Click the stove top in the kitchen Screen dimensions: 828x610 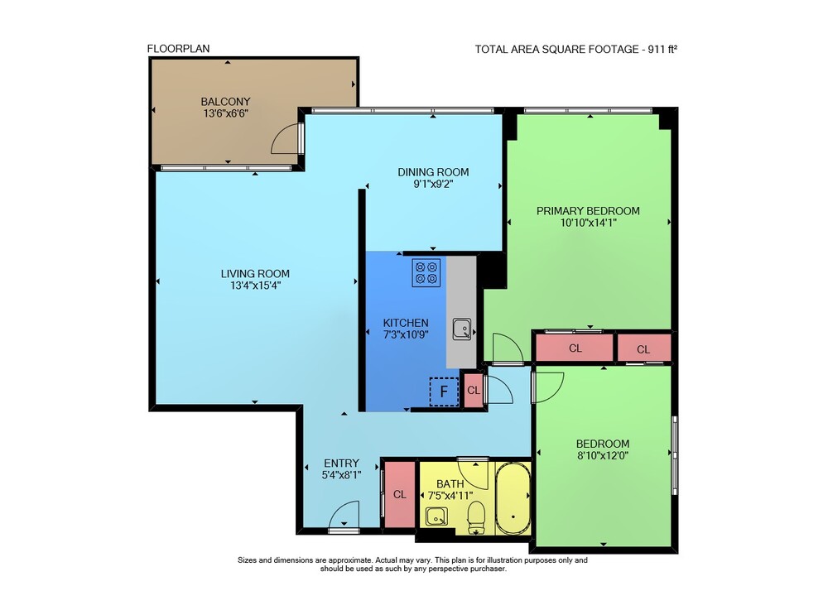click(x=426, y=272)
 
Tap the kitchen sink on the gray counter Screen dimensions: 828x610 click(x=462, y=329)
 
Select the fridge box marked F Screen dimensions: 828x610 click(x=444, y=391)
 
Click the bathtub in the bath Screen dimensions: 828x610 click(x=513, y=498)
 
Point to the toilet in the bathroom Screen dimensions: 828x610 click(x=476, y=517)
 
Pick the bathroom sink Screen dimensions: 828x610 click(x=436, y=516)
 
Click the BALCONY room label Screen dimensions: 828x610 click(x=225, y=101)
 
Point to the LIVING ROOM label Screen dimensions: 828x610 click(x=255, y=274)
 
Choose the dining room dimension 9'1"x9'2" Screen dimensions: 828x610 click(x=434, y=185)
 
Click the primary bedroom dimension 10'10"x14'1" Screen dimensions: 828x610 click(x=588, y=223)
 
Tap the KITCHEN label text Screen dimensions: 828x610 click(x=406, y=323)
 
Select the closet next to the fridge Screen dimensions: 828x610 click(x=473, y=391)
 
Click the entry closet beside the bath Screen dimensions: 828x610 click(x=400, y=494)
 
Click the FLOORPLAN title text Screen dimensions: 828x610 click(x=179, y=49)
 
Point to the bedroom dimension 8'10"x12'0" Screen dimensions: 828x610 click(x=603, y=456)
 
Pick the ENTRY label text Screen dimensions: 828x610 click(x=341, y=464)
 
